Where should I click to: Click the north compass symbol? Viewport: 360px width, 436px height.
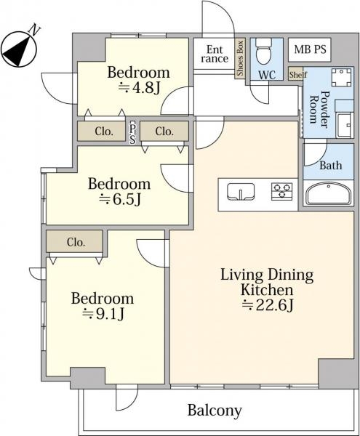coord(19,49)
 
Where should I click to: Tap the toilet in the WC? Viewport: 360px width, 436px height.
coord(263,52)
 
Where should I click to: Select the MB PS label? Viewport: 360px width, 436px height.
coord(310,49)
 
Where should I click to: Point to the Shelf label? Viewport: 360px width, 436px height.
coord(297,75)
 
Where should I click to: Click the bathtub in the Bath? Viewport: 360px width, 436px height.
coord(329,193)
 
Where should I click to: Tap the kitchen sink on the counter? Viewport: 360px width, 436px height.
coord(241,192)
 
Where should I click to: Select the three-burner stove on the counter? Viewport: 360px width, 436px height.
coord(282,192)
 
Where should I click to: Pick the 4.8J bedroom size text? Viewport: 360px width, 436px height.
coord(139,89)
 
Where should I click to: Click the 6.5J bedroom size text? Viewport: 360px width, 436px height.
coord(120,199)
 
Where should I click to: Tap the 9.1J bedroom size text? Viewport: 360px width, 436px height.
coord(103,314)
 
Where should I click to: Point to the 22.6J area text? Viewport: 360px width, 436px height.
coord(268,306)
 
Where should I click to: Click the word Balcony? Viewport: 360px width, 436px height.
coord(215,411)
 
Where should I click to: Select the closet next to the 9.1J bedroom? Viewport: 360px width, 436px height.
coord(75,242)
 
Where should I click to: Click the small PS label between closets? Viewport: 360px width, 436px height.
coord(132,134)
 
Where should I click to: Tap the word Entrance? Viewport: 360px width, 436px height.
coord(215,54)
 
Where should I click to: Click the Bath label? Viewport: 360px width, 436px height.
coord(330,166)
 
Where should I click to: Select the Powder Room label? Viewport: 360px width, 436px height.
coord(319,109)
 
